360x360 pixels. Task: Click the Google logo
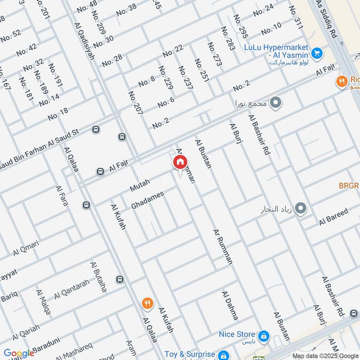point(19,353)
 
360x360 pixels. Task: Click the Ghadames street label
point(148,200)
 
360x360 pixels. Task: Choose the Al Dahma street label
point(229,305)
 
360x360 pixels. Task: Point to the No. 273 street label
point(215,54)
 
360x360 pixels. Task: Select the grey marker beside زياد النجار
point(301,208)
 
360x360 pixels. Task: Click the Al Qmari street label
point(26,248)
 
